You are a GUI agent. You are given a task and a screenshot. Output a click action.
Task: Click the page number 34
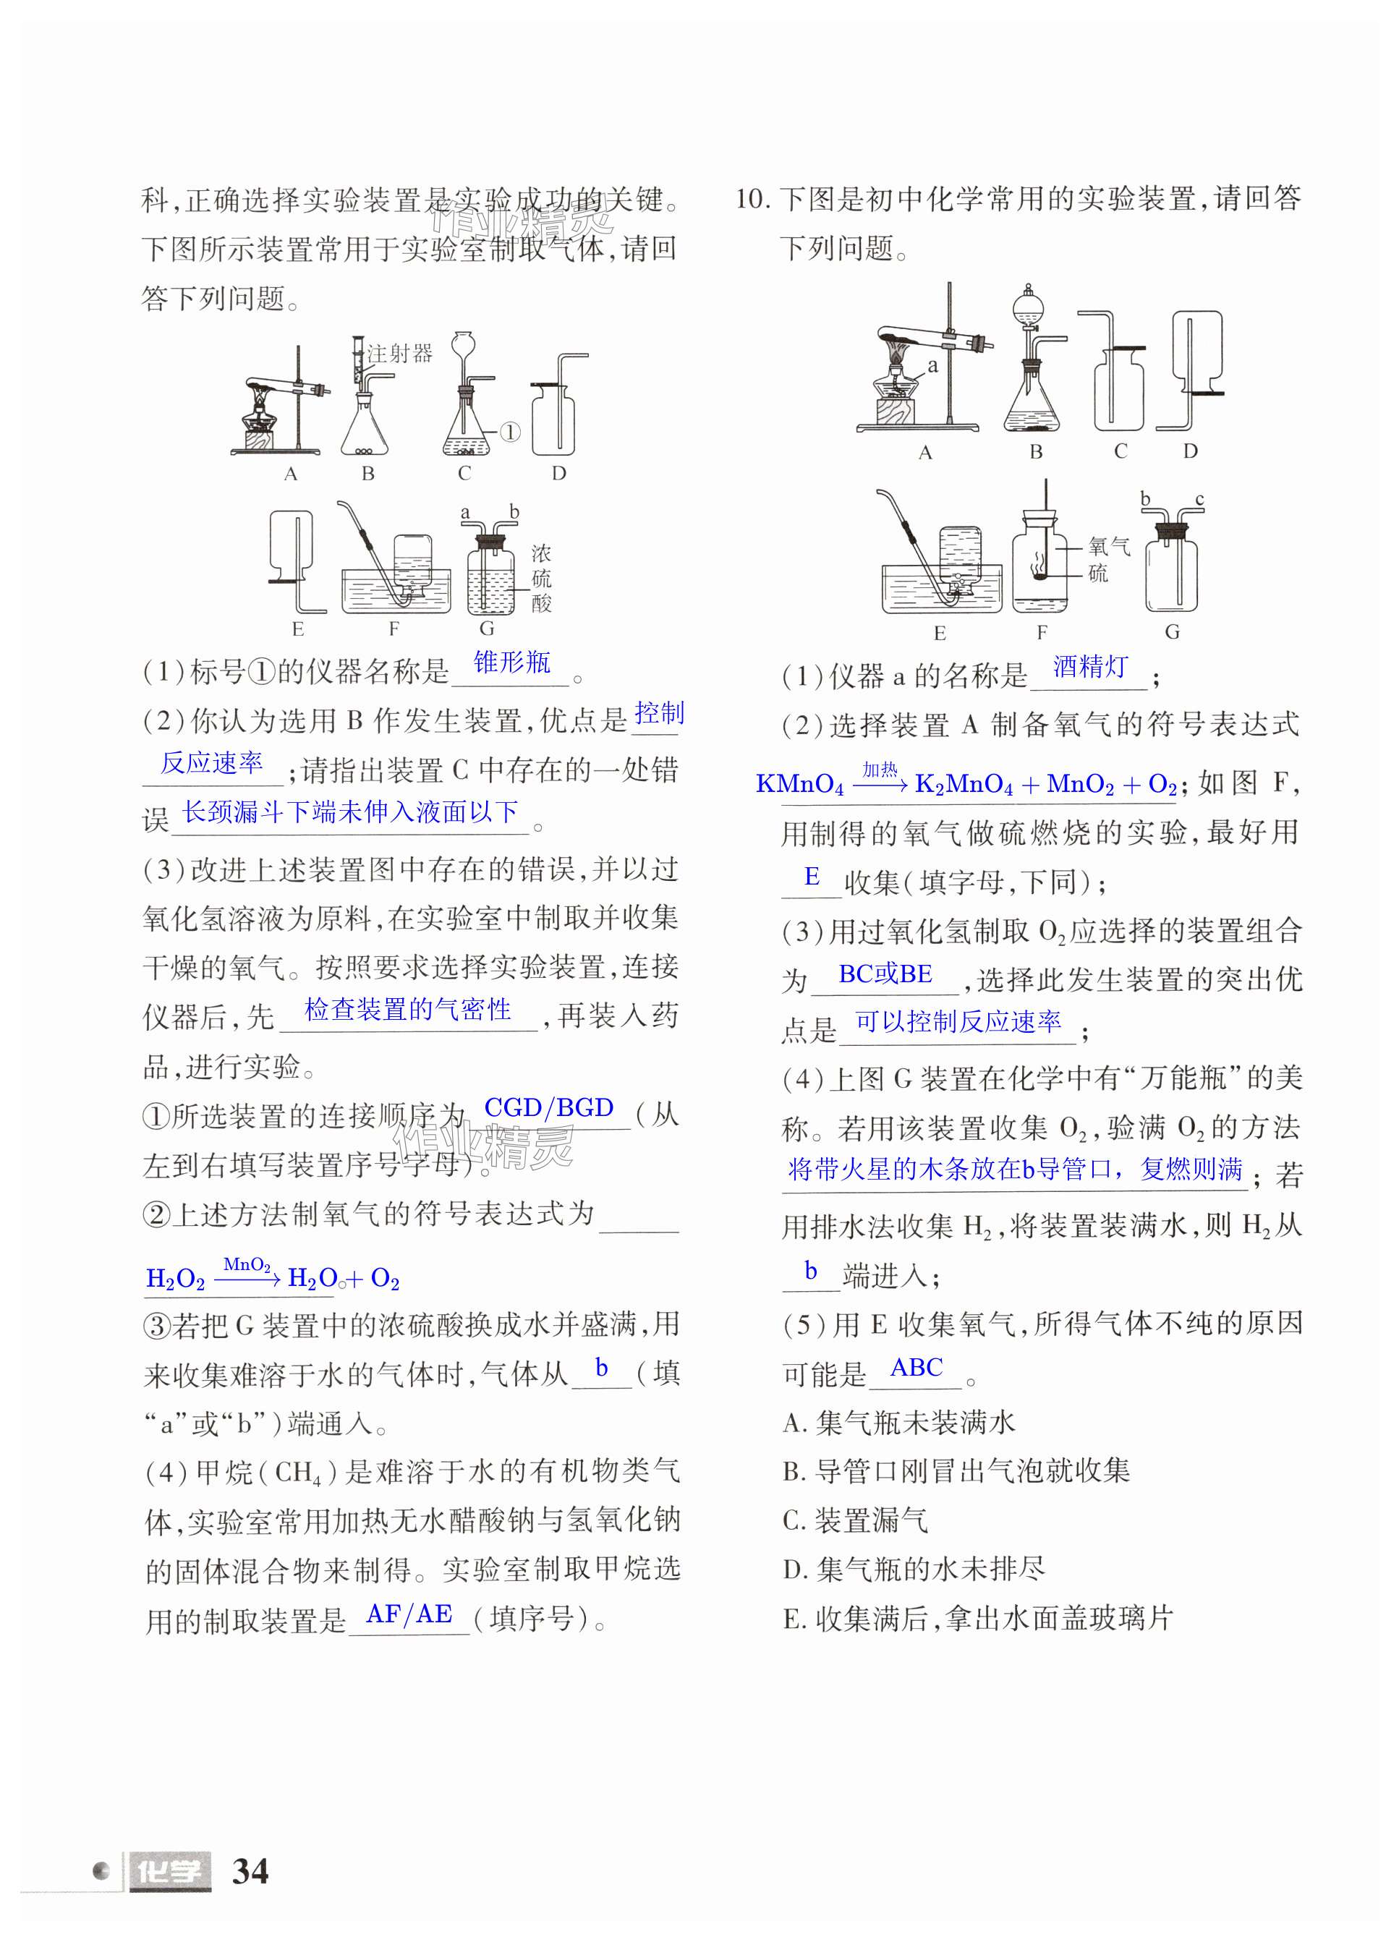pyautogui.click(x=250, y=1871)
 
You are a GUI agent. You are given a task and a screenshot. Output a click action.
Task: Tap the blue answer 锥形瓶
pyautogui.click(x=512, y=662)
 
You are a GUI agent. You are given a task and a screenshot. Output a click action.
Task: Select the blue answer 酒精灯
pyautogui.click(x=1090, y=666)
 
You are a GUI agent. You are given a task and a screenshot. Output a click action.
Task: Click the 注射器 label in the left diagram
pyautogui.click(x=400, y=353)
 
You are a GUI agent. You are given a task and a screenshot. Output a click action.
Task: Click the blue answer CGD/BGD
pyautogui.click(x=549, y=1107)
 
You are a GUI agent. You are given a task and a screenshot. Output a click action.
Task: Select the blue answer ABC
pyautogui.click(x=916, y=1368)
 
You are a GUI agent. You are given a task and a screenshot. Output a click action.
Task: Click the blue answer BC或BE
pyautogui.click(x=885, y=974)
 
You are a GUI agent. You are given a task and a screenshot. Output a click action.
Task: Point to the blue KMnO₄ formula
pyautogui.click(x=799, y=784)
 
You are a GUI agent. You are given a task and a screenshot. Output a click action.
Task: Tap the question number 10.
pyautogui.click(x=752, y=200)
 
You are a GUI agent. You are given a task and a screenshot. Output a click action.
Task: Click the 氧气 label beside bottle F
pyautogui.click(x=1109, y=545)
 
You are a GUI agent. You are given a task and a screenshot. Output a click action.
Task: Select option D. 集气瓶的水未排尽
pyautogui.click(x=914, y=1569)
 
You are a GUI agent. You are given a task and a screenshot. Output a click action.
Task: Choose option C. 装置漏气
pyautogui.click(x=855, y=1520)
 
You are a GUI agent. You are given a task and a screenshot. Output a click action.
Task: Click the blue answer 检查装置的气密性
pyautogui.click(x=407, y=1010)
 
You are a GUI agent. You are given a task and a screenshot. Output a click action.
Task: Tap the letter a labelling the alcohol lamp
pyautogui.click(x=932, y=366)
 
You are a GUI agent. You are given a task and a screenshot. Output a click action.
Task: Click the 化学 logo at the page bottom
pyautogui.click(x=169, y=1872)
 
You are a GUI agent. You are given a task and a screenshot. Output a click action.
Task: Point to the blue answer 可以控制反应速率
pyautogui.click(x=958, y=1021)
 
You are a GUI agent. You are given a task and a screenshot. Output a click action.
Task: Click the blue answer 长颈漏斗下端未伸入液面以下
pyautogui.click(x=350, y=812)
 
